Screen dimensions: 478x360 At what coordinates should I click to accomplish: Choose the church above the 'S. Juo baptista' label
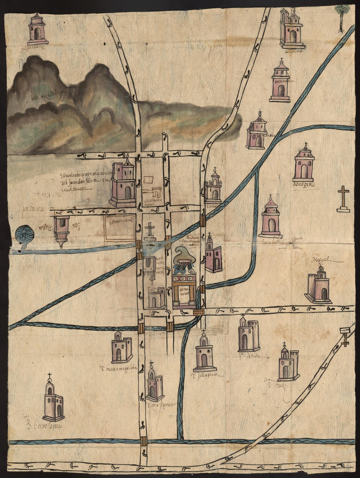205,355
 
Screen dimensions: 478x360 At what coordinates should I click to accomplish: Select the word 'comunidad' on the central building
184,292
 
